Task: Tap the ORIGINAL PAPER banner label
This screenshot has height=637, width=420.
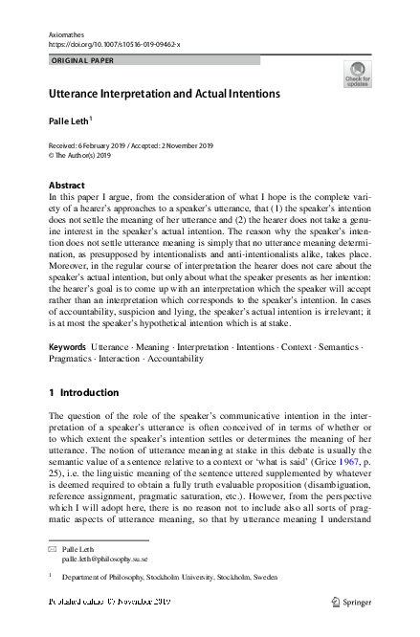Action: pos(81,59)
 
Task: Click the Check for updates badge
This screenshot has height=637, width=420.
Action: pos(357,74)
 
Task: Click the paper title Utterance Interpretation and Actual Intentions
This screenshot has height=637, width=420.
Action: pos(164,94)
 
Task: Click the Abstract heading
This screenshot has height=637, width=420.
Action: pos(66,184)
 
